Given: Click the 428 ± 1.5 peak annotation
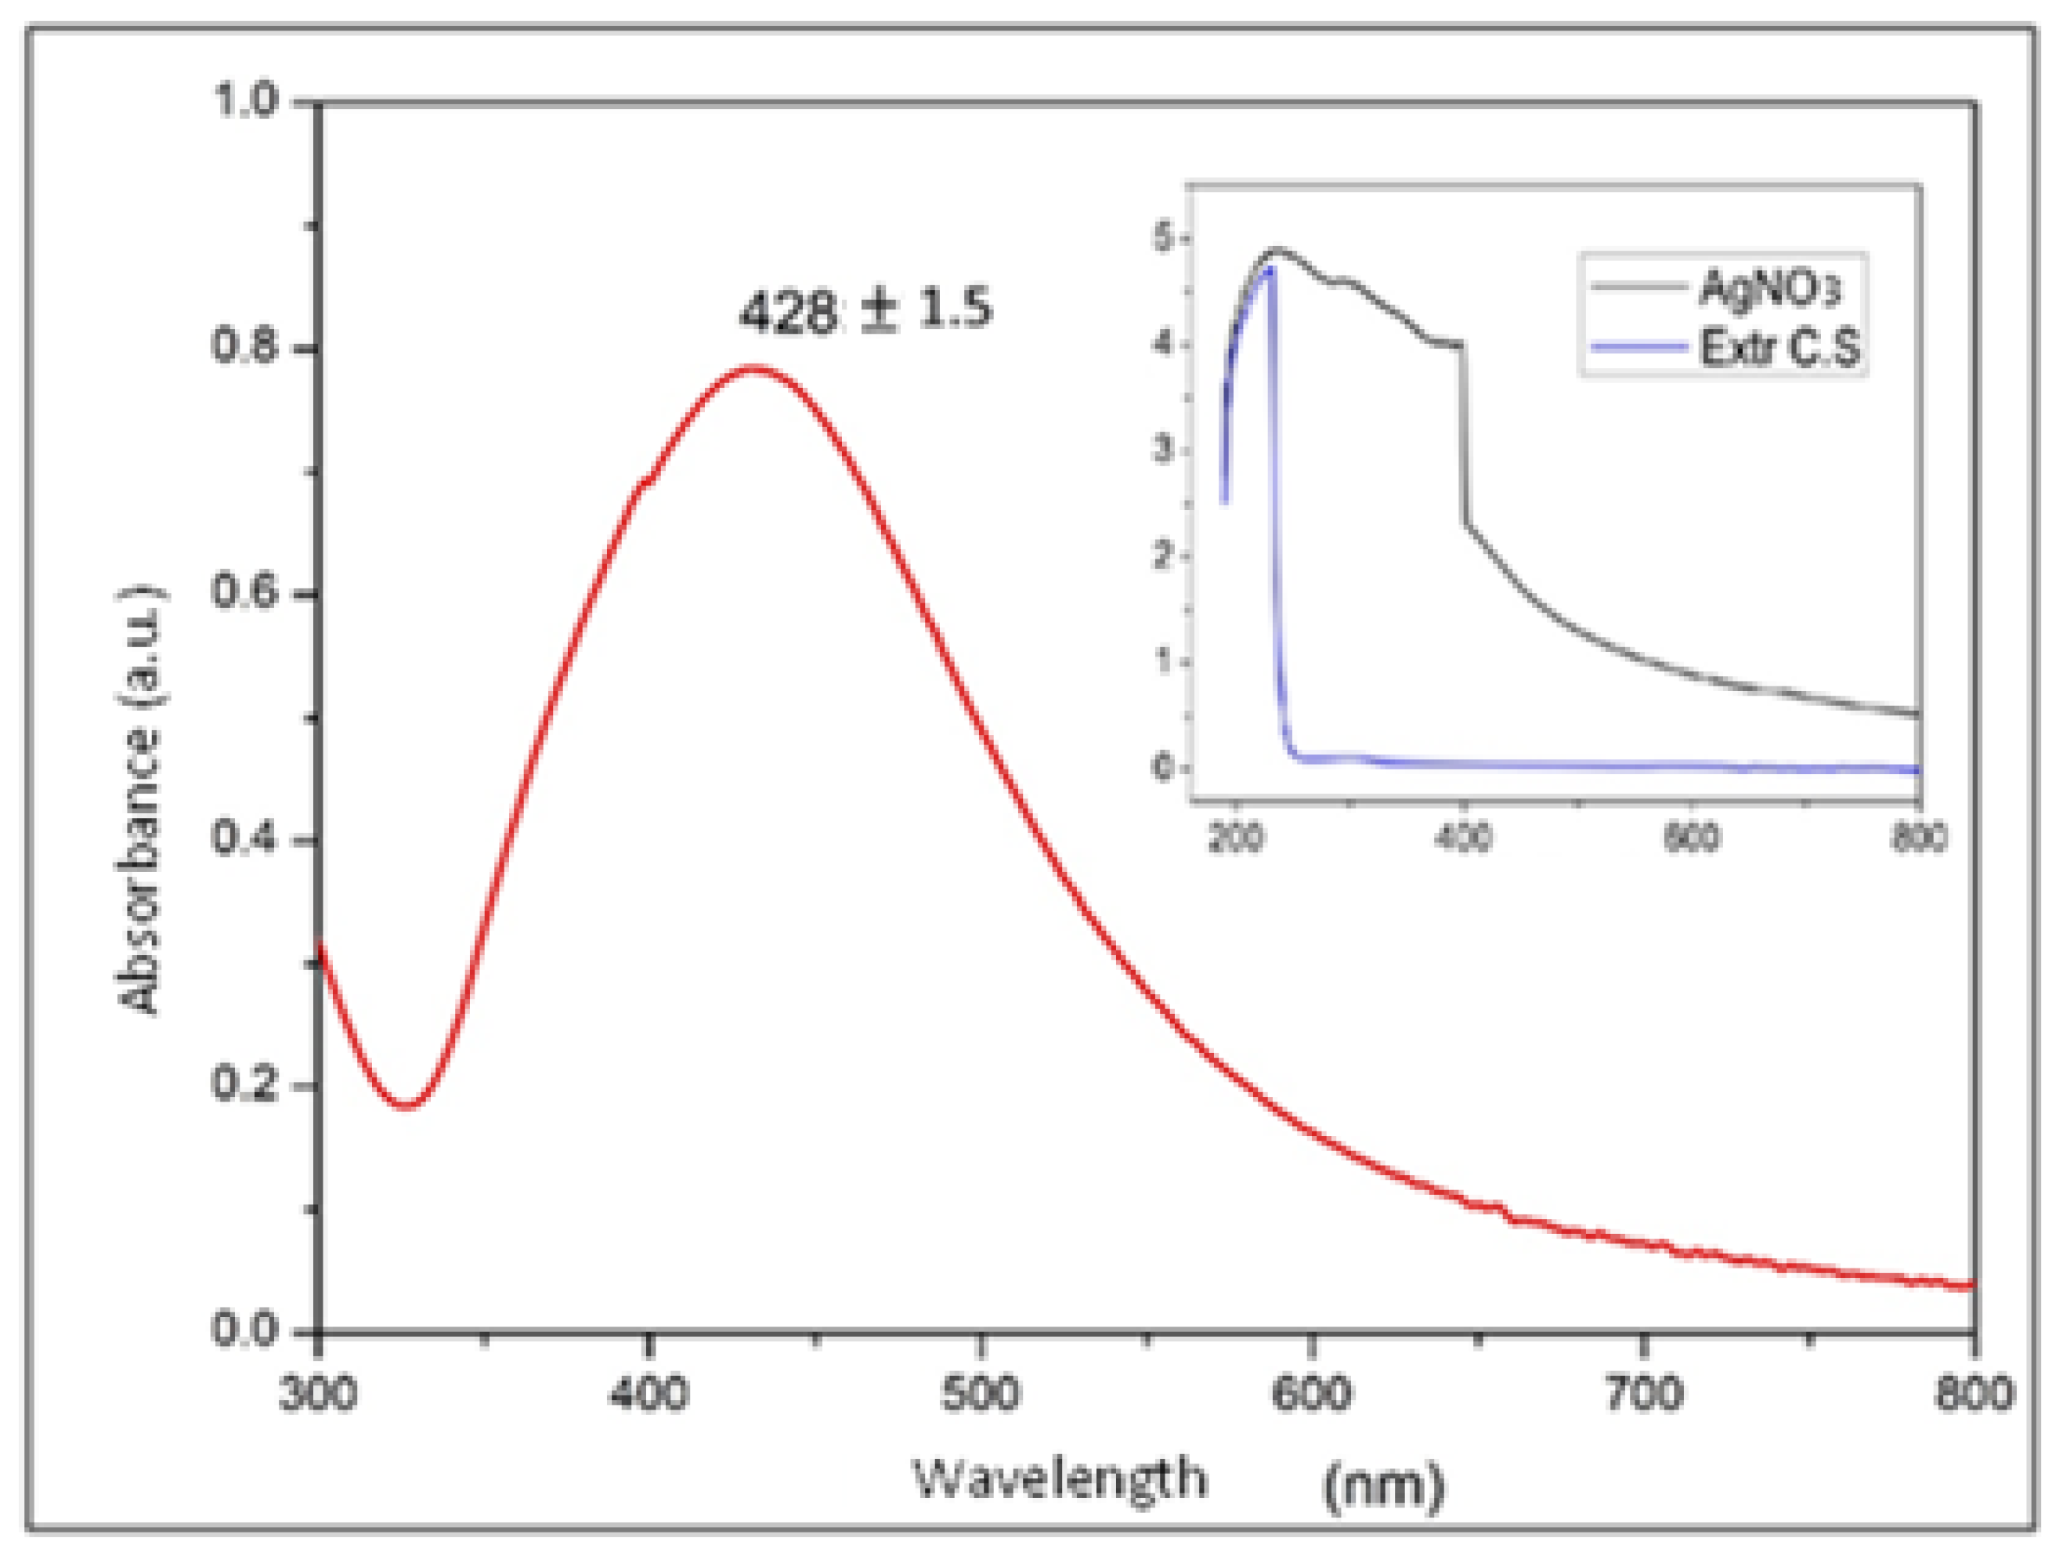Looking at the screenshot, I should [x=865, y=309].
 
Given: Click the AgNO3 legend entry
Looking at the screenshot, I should [x=1769, y=288].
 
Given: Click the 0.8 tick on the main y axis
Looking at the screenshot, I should [x=244, y=347].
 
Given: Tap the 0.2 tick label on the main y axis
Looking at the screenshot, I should [x=244, y=1084].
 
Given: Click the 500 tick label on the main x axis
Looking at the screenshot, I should [x=979, y=1394].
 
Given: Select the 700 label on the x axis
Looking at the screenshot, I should [x=1643, y=1394].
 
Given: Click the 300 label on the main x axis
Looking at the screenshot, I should [x=318, y=1394].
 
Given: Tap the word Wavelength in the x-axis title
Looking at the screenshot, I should [x=1059, y=1478].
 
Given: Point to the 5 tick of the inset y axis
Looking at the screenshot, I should [x=1163, y=240].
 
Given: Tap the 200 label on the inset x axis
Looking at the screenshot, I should [x=1235, y=838].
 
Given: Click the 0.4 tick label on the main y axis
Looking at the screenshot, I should [x=244, y=838].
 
